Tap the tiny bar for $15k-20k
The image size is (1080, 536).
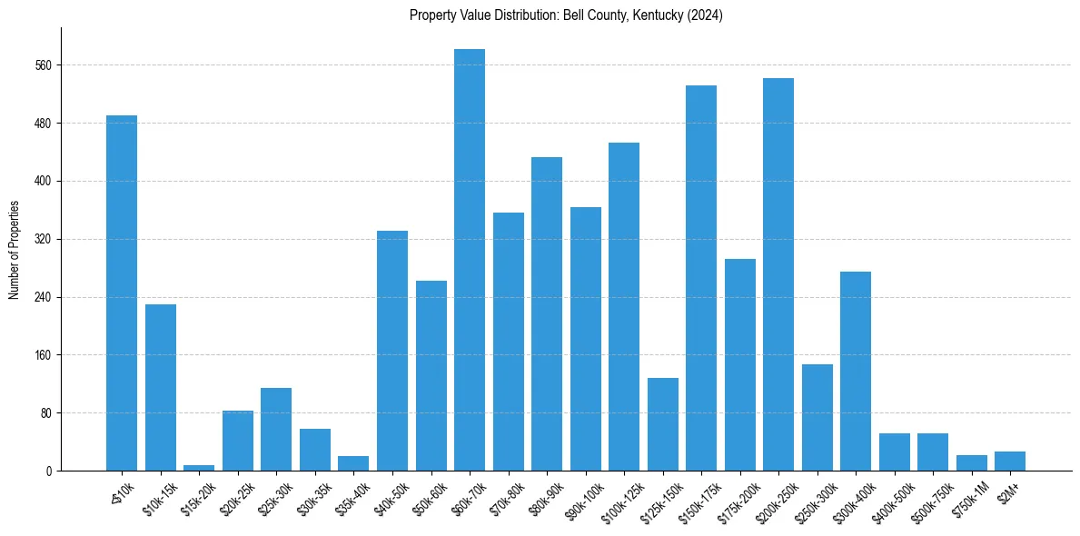(x=199, y=467)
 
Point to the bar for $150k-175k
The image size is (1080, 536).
(x=701, y=278)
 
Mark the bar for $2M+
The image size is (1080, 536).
(x=1010, y=461)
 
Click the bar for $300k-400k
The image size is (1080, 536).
(x=856, y=371)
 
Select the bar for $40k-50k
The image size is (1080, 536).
(x=392, y=351)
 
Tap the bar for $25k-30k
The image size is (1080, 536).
(x=276, y=429)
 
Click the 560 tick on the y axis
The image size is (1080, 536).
(x=45, y=65)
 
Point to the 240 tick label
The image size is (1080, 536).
(x=45, y=297)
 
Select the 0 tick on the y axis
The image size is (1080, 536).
(x=50, y=471)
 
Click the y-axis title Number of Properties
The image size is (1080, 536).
(x=15, y=250)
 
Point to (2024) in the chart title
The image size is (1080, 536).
(x=705, y=15)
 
